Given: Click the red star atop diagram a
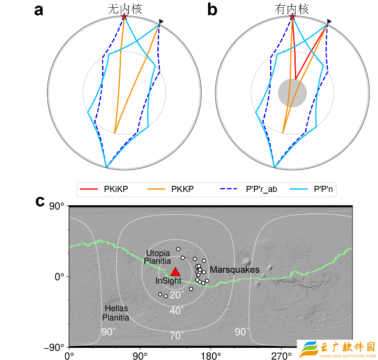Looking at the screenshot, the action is pos(124,17).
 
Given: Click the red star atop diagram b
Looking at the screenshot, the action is pos(292,17).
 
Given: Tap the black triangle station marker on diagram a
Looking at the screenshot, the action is pos(161,22).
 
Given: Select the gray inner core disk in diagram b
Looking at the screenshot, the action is pos(292,93).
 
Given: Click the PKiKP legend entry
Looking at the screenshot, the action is pos(104,189).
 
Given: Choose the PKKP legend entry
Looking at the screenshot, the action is pos(170,189).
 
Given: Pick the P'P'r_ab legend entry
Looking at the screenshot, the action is pos(249,189).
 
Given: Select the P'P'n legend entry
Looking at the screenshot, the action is pos(311,189).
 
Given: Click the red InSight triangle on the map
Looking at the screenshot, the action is pos(175,272).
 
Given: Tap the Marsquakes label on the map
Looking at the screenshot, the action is pos(234,269).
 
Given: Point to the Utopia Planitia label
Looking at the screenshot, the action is pos(157,257).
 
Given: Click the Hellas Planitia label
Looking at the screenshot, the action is pos(116,313).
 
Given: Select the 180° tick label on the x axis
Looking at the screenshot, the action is pos(210,356).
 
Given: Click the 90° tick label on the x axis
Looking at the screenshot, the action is pos(140,356).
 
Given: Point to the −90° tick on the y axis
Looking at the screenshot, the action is pos(54,347).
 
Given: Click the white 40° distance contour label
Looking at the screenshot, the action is pos(177,310).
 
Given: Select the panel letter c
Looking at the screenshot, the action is pos(40,201).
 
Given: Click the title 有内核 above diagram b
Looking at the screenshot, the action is pos(292,9).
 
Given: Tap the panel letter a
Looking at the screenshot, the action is pos(39,11).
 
